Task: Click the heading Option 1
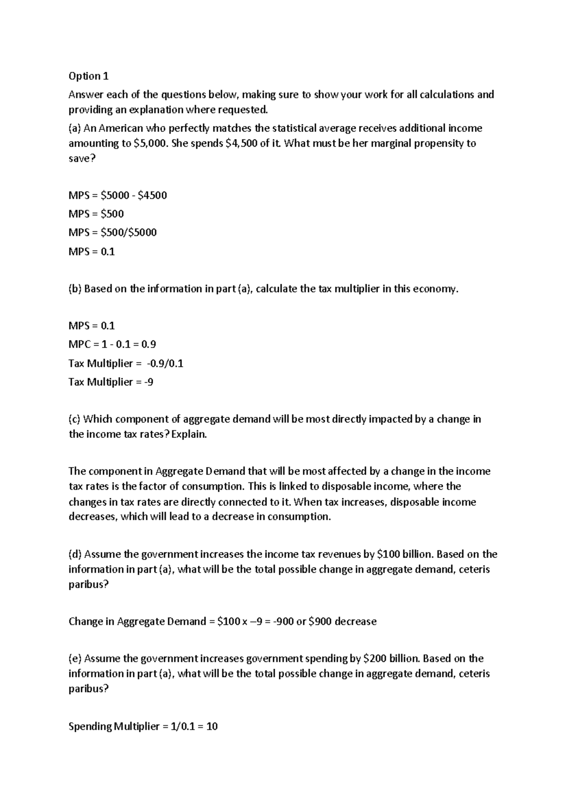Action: coord(88,76)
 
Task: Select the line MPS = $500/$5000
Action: coord(112,233)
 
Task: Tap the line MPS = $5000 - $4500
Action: coord(118,195)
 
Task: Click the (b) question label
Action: coord(75,289)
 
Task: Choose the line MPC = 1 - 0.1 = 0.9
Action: coord(112,345)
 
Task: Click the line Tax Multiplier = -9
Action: coord(111,382)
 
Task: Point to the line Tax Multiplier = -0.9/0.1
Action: coord(126,364)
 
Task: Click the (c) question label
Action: coord(75,419)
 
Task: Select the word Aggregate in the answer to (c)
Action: coord(180,471)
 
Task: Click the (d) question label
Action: coord(75,554)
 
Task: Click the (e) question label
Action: coord(75,659)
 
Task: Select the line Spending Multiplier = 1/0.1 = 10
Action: coord(143,726)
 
